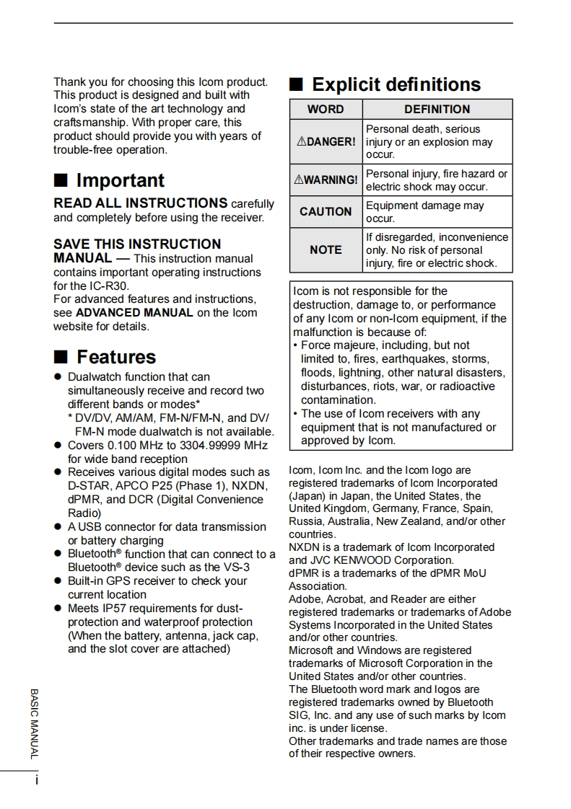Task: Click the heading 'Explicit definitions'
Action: tap(396, 85)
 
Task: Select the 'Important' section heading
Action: tap(120, 180)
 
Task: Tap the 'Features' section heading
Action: tap(115, 357)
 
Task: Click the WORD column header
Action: tap(326, 110)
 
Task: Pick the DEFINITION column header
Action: tap(437, 110)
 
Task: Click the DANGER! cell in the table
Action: tap(326, 142)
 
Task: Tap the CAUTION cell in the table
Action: tap(326, 211)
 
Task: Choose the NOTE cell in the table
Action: tap(326, 249)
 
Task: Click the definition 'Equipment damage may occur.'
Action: tap(424, 211)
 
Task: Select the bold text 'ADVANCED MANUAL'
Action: tap(134, 313)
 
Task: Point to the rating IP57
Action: tap(114, 609)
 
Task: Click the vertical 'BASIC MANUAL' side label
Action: tap(34, 722)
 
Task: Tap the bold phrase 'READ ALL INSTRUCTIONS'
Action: tap(141, 203)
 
